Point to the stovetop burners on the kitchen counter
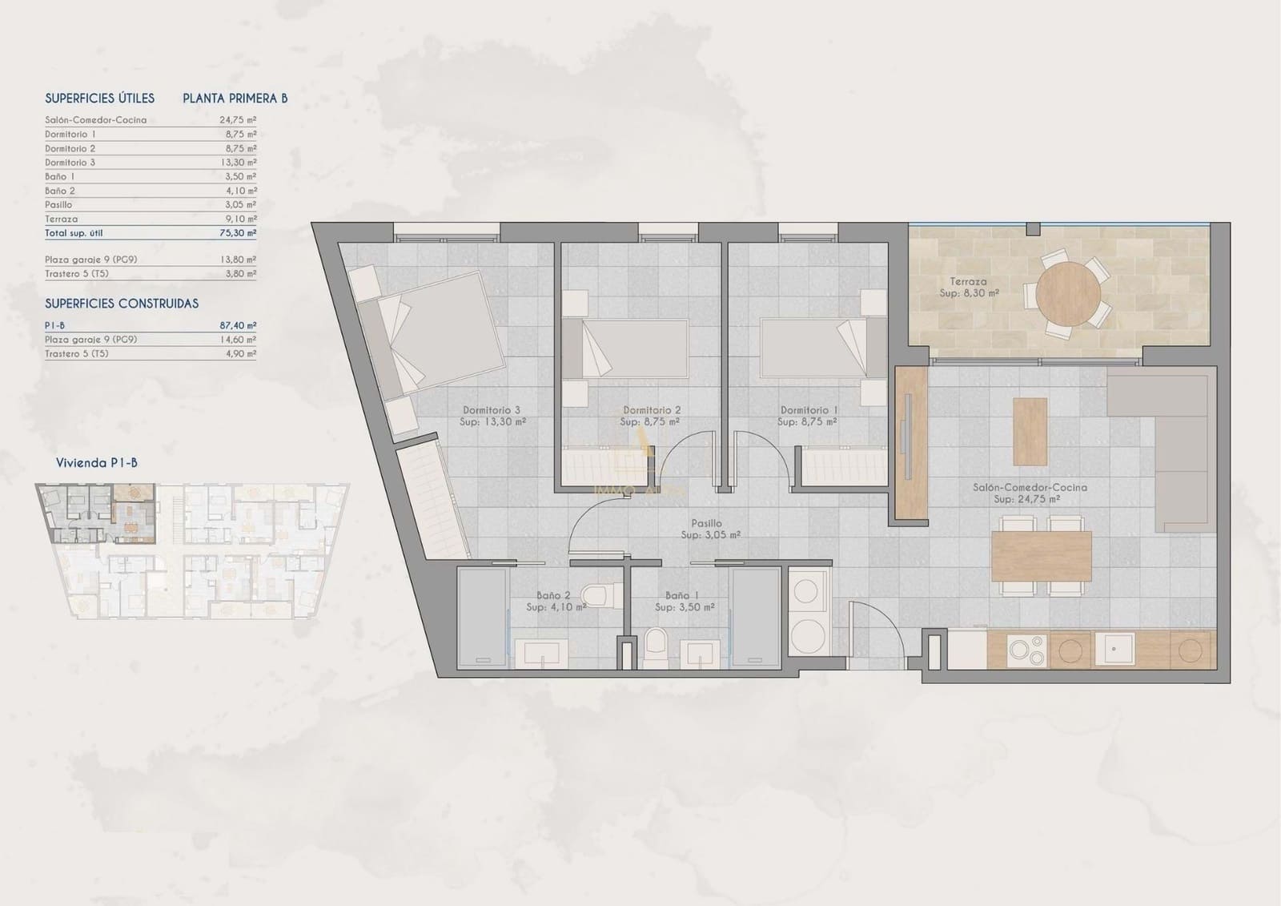(1026, 649)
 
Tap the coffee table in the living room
(1030, 431)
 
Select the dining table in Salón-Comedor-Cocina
(1041, 557)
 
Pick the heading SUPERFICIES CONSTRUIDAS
(122, 304)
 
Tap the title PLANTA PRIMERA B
(235, 99)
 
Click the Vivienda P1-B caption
(96, 463)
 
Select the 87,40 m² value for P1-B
(239, 325)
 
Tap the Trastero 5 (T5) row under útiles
(77, 274)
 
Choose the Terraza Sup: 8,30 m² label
(969, 288)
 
